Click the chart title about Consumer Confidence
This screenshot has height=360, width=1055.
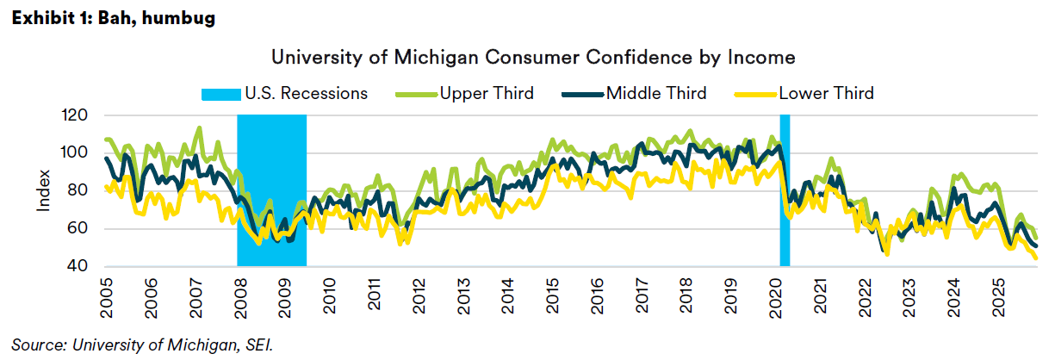click(533, 58)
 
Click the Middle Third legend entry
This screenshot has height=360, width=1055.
click(655, 93)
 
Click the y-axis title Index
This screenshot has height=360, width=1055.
click(43, 191)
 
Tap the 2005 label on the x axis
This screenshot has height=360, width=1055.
click(106, 294)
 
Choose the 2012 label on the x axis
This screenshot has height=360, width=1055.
click(418, 294)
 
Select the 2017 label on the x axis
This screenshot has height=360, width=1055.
click(641, 294)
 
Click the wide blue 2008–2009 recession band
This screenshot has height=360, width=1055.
click(271, 189)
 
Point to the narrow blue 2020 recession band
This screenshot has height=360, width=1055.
click(785, 189)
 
